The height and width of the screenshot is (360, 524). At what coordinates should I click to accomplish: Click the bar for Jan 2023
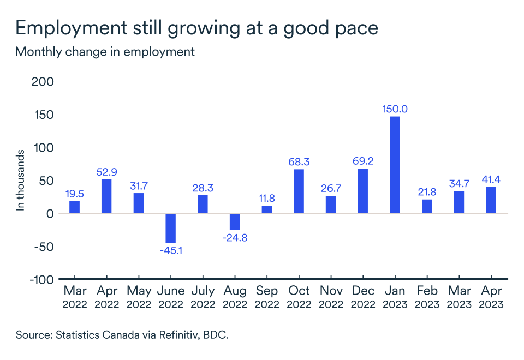coord(395,165)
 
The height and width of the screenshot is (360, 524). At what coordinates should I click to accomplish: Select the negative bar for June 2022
coord(170,228)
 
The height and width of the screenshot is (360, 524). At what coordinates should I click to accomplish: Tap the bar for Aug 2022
coord(235,221)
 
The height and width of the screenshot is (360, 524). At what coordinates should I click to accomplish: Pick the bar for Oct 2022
coord(299,191)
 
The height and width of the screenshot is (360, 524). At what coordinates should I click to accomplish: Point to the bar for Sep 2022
coord(267,209)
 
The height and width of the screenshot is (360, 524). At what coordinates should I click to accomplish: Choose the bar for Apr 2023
coord(491,200)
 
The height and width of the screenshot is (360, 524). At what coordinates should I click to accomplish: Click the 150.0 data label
coord(395,109)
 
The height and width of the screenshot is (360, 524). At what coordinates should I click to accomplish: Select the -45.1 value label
coord(170,251)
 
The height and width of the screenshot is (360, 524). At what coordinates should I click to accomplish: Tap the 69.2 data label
coord(363,162)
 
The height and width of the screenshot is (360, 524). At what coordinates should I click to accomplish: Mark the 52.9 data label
coord(106,172)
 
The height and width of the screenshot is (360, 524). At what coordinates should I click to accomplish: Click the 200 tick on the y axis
coord(44,82)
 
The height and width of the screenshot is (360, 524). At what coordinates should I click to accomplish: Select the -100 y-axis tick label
coord(41,280)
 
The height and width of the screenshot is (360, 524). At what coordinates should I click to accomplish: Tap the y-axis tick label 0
coord(50,214)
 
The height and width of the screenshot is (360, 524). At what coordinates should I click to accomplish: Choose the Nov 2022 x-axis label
coord(331,298)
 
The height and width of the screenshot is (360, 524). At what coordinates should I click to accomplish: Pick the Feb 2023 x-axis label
coord(427,298)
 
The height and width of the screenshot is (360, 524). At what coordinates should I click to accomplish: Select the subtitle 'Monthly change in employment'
coord(105,52)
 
